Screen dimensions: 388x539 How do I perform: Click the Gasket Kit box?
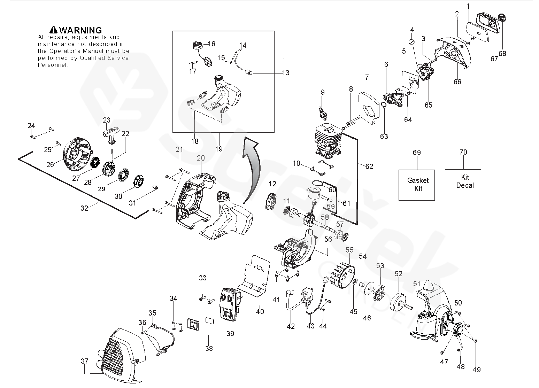pos(416,185)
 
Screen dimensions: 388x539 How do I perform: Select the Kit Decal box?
pos(463,185)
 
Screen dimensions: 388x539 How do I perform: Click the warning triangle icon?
pos(54,30)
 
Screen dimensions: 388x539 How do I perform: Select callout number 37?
pos(85,361)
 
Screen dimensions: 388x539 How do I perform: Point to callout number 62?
pos(369,166)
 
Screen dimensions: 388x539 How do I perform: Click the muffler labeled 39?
pos(229,306)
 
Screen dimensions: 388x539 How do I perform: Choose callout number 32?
pos(84,208)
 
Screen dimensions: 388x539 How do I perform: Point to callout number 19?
pos(218,149)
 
